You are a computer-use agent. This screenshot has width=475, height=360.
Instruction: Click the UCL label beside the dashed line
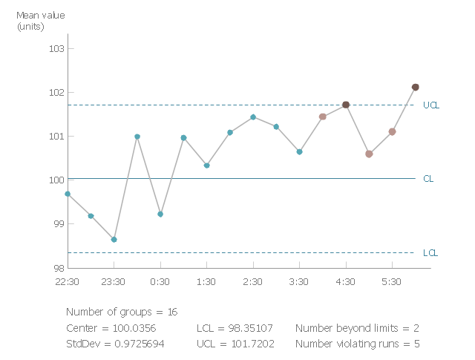pos(431,105)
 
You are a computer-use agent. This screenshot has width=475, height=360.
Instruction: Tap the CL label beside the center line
pos(428,179)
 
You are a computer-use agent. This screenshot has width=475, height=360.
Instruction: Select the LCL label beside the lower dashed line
pos(430,253)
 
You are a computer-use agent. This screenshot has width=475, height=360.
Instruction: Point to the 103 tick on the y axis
pos(57,49)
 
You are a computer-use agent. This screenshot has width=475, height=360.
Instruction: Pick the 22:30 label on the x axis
pos(68,282)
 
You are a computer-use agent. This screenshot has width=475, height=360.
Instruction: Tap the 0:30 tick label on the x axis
pos(160,282)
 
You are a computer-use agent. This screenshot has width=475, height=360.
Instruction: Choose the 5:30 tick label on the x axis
pos(391,282)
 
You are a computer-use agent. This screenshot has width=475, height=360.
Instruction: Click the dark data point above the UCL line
pos(415,87)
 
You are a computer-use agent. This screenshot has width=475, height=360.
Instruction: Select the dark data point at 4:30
pos(346,105)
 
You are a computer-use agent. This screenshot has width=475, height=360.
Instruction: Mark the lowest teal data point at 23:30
pos(114,240)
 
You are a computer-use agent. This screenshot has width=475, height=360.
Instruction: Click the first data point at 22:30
pos(68,194)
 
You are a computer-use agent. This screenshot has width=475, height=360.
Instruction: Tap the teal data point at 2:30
pos(253,117)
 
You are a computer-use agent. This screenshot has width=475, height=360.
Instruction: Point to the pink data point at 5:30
pos(392,131)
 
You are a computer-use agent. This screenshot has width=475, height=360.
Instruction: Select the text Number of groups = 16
pos(122,312)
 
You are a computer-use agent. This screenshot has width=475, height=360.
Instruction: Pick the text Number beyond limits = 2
pos(357,328)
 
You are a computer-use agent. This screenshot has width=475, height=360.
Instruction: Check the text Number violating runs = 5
pos(357,344)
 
